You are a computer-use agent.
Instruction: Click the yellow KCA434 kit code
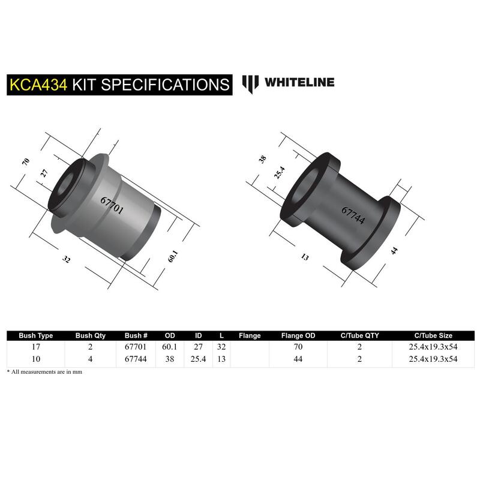click(38, 85)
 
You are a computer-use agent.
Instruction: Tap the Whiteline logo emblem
click(250, 84)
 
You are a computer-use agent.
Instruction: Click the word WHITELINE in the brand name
click(299, 82)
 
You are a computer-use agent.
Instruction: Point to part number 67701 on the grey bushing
click(112, 205)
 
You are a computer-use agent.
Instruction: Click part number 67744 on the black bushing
click(353, 215)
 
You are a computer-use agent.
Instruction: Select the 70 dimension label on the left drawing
click(26, 161)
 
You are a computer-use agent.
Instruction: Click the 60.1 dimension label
click(173, 256)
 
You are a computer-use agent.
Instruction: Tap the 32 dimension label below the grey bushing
click(66, 259)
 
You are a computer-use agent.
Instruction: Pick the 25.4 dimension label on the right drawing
click(280, 172)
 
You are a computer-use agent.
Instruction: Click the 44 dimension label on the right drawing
click(394, 251)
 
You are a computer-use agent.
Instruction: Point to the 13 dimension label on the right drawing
click(305, 257)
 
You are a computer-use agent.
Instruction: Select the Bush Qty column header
click(91, 335)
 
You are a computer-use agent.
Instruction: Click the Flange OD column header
click(298, 335)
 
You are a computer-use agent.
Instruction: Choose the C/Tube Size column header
click(433, 335)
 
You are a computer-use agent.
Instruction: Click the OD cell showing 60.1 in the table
click(170, 347)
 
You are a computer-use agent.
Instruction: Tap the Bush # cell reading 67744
click(136, 359)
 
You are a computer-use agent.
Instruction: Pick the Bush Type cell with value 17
click(36, 347)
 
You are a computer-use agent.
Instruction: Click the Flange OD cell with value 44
click(298, 359)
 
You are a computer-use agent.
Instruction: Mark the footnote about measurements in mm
click(44, 372)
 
